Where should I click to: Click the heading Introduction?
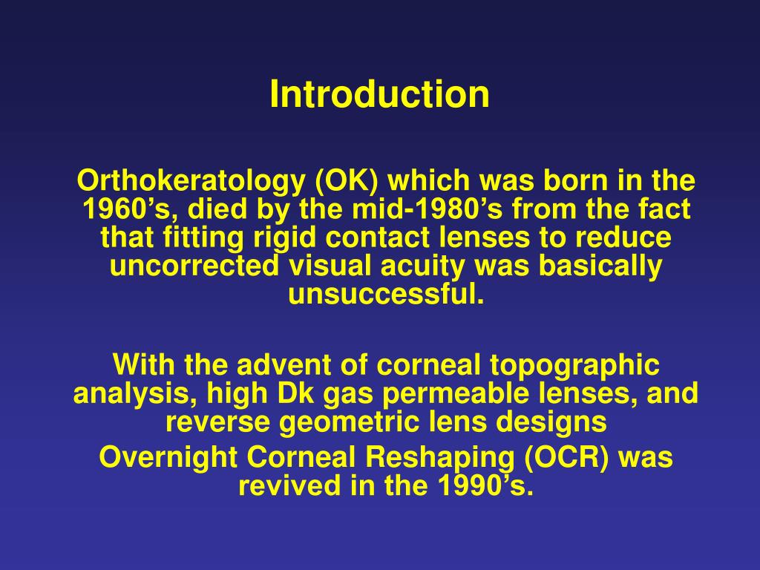tap(379, 95)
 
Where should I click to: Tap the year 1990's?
tap(483, 486)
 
